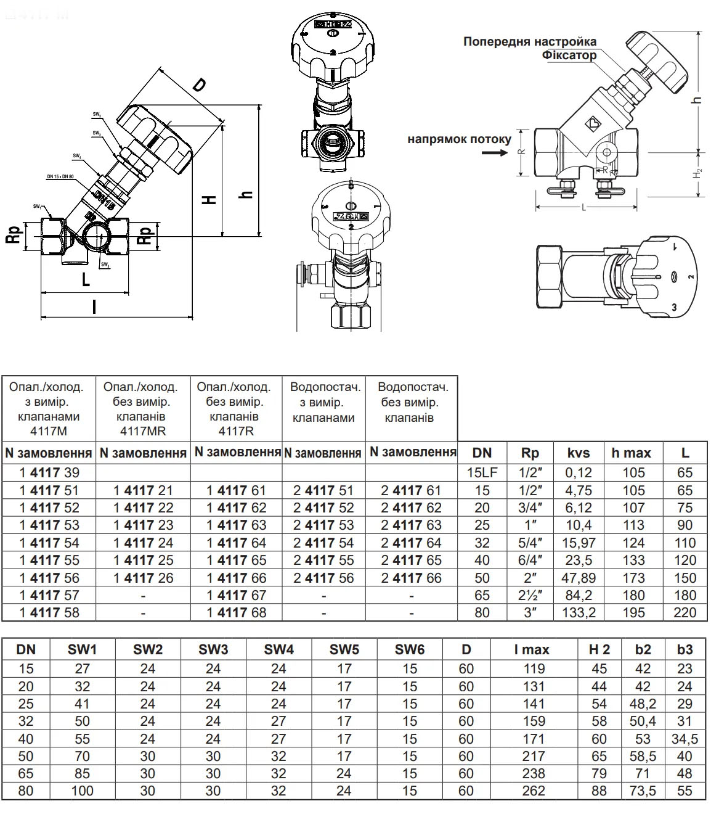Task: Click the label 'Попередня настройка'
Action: [530, 41]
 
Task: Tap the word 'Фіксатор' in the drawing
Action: [569, 55]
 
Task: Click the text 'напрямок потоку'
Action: [459, 139]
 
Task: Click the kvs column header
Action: [578, 453]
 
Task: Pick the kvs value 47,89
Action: [578, 578]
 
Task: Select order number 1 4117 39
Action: [49, 473]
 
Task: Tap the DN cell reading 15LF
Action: [482, 473]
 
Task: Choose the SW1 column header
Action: [82, 649]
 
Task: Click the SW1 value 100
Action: [82, 791]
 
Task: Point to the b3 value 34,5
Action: [685, 739]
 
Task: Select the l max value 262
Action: [534, 791]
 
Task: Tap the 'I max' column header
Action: [532, 649]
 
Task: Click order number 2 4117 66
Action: [411, 578]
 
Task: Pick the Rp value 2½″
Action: [530, 596]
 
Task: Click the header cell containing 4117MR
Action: [143, 408]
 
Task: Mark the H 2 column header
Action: [599, 649]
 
